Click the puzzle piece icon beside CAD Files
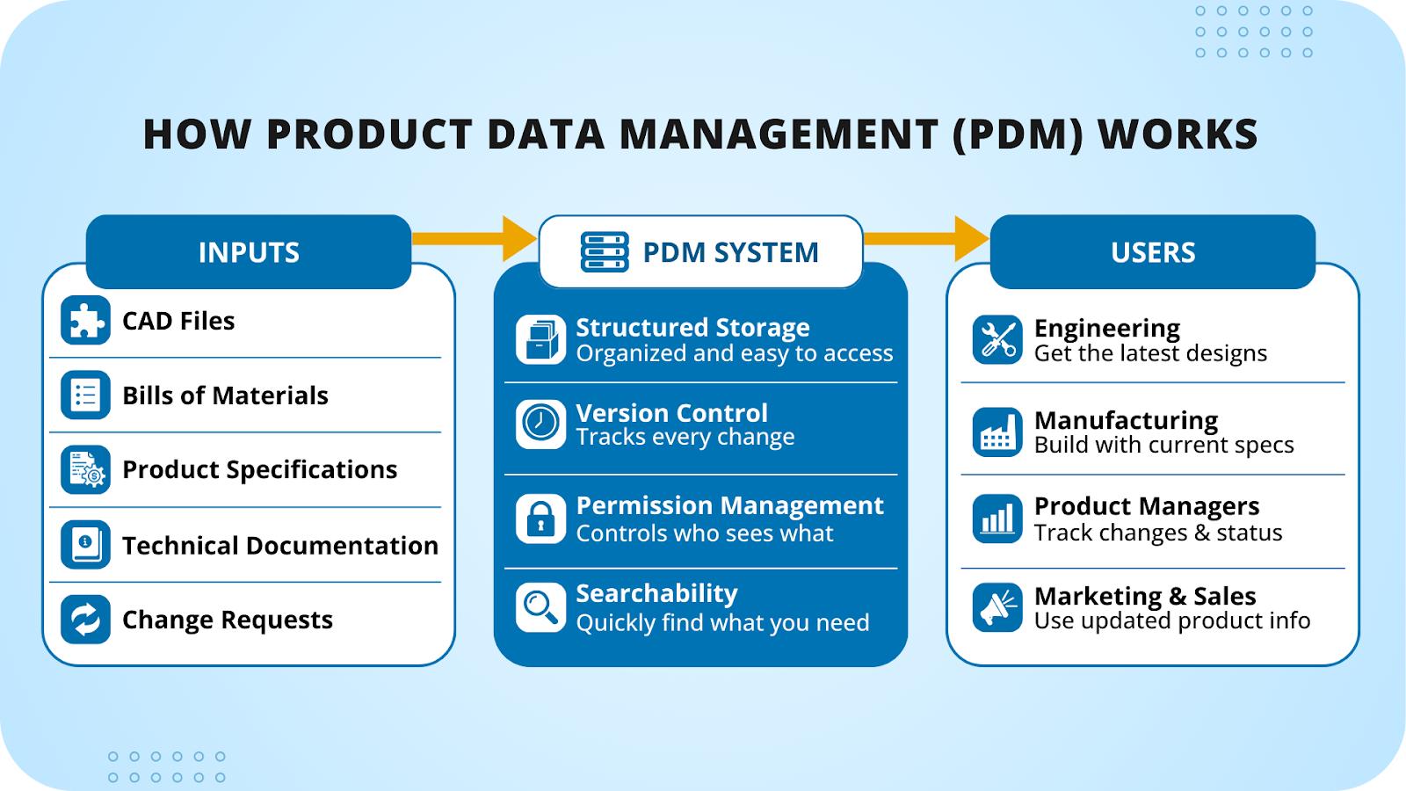pyautogui.click(x=85, y=321)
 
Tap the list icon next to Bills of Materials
pyautogui.click(x=85, y=395)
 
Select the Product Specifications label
pyautogui.click(x=259, y=470)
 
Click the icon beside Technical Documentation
pyautogui.click(x=85, y=545)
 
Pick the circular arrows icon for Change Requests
pyautogui.click(x=85, y=620)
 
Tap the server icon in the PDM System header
pyautogui.click(x=605, y=252)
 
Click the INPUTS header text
pyautogui.click(x=249, y=253)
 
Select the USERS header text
pyautogui.click(x=1153, y=253)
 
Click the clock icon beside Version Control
pyautogui.click(x=540, y=424)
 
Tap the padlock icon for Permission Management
pyautogui.click(x=540, y=519)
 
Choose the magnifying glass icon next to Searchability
pyautogui.click(x=540, y=606)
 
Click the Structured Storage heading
pyautogui.click(x=692, y=328)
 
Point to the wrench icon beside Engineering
pyautogui.click(x=997, y=340)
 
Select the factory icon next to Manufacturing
pyautogui.click(x=997, y=432)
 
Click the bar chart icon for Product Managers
pyautogui.click(x=997, y=519)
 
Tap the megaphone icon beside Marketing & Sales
pyautogui.click(x=997, y=607)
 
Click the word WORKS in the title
pyautogui.click(x=1178, y=134)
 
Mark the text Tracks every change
pyautogui.click(x=685, y=438)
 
